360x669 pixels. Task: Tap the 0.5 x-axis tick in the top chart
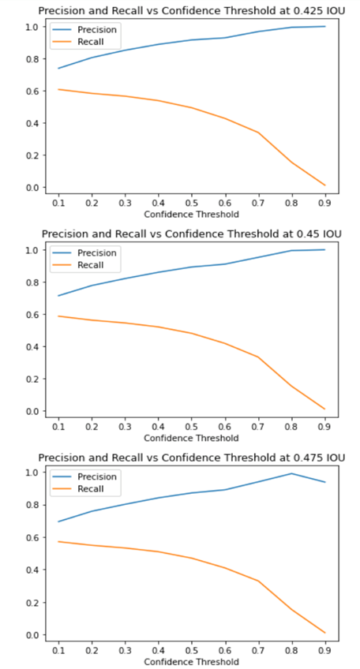pyautogui.click(x=191, y=204)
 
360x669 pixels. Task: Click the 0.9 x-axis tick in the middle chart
pyautogui.click(x=324, y=427)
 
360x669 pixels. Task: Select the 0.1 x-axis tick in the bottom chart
pyautogui.click(x=58, y=651)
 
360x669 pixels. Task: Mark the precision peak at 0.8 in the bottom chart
pyautogui.click(x=291, y=473)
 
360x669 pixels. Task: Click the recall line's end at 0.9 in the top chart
pyautogui.click(x=324, y=185)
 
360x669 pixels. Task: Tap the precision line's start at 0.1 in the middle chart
pyautogui.click(x=58, y=296)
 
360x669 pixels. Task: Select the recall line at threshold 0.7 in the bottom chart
pyautogui.click(x=258, y=581)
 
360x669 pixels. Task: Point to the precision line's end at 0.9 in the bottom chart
pyautogui.click(x=324, y=482)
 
